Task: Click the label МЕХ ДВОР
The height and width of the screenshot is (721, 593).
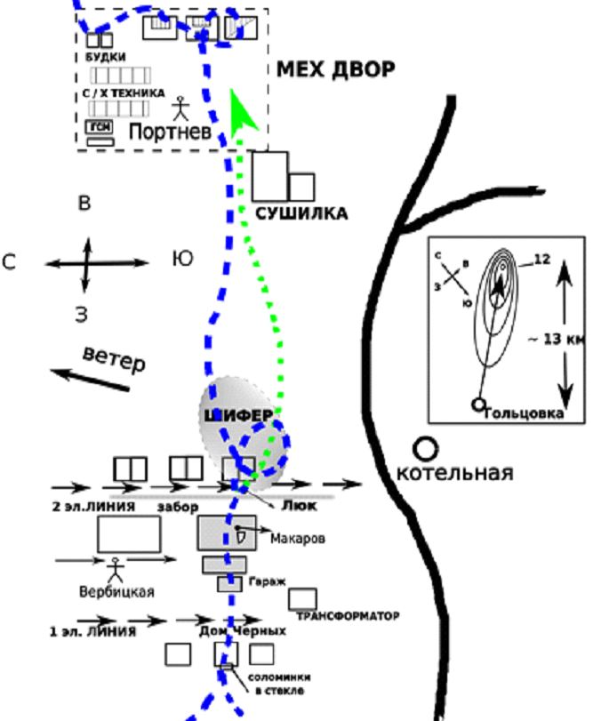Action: click(335, 70)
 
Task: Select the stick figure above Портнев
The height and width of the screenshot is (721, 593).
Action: click(181, 108)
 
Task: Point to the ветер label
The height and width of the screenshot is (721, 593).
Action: click(114, 360)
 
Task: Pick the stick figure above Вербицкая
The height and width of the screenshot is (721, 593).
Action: click(114, 568)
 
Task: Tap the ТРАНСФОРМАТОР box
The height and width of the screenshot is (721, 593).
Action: click(302, 598)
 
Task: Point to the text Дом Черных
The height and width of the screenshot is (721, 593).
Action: click(243, 630)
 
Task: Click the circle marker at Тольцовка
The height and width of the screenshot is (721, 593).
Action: click(479, 405)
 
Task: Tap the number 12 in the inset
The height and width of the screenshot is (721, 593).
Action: click(543, 259)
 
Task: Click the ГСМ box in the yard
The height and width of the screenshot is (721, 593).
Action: click(100, 127)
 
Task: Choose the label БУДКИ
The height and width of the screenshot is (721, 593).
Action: click(105, 58)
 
